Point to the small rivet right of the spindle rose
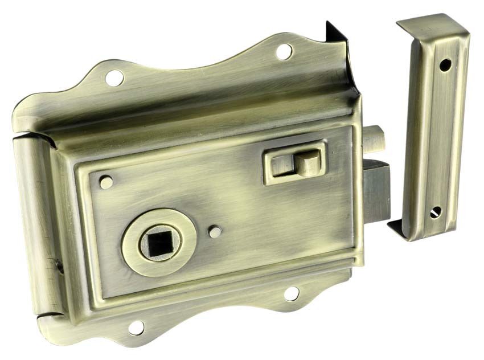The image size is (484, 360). point(215,232)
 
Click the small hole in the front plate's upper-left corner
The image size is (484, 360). point(106,182)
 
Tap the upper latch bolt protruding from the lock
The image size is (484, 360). point(373,140)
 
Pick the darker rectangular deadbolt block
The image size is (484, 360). point(377,191)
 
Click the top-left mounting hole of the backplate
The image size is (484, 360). point(114,77)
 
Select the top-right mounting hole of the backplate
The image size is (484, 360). point(284,52)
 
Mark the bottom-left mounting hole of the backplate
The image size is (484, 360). point(136,328)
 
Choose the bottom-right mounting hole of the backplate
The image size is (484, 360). point(292,294)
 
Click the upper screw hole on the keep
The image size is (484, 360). point(445,65)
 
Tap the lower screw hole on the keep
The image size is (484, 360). point(436,212)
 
